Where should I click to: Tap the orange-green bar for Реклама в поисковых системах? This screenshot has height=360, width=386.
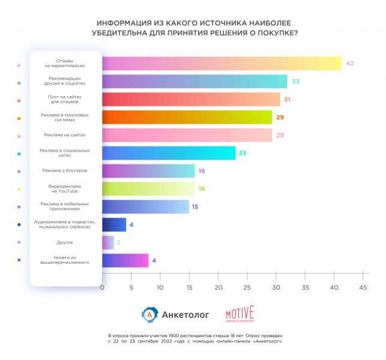click(187, 117)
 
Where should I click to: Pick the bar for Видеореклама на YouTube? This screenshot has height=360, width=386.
click(148, 189)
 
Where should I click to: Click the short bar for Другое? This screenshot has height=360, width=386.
click(107, 242)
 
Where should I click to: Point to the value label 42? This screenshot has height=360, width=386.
click(350, 64)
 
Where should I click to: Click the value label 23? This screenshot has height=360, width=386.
click(242, 153)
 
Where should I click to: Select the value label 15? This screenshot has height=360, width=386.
click(195, 207)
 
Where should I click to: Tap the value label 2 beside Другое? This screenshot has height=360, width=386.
click(119, 242)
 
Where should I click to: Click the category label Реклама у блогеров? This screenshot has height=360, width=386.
click(65, 171)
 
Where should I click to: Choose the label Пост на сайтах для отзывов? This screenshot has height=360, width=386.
click(65, 99)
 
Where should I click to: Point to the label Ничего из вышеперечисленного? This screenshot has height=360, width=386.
click(65, 260)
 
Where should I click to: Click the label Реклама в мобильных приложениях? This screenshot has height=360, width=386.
click(65, 207)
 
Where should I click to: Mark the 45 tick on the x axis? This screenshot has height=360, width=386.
click(363, 288)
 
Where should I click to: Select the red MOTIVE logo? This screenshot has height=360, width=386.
click(240, 314)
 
